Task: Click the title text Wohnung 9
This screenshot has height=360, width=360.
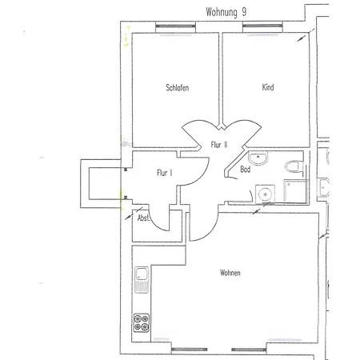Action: click(226, 12)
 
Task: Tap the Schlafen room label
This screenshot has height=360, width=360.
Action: click(178, 87)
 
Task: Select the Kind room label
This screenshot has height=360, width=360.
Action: click(268, 87)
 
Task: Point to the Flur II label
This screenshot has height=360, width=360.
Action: click(219, 145)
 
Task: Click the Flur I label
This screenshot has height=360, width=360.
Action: click(164, 173)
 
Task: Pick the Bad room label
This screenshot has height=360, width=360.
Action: click(246, 169)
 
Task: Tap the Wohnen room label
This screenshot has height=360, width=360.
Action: click(230, 273)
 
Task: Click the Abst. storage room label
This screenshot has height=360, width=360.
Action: click(143, 218)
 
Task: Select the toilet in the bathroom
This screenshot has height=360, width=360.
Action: click(294, 166)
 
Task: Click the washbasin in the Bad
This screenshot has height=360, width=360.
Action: click(258, 158)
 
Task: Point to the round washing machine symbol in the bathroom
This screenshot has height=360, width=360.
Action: click(265, 194)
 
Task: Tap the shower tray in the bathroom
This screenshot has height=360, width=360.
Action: click(295, 191)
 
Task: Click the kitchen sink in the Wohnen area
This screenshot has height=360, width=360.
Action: click(142, 280)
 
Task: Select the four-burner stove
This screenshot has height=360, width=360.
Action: click(142, 322)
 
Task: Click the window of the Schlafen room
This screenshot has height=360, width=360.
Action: click(175, 26)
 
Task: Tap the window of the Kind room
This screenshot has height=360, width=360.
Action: click(262, 26)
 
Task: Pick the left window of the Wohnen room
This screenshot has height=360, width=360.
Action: click(189, 350)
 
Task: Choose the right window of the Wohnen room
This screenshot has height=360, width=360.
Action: click(249, 350)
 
